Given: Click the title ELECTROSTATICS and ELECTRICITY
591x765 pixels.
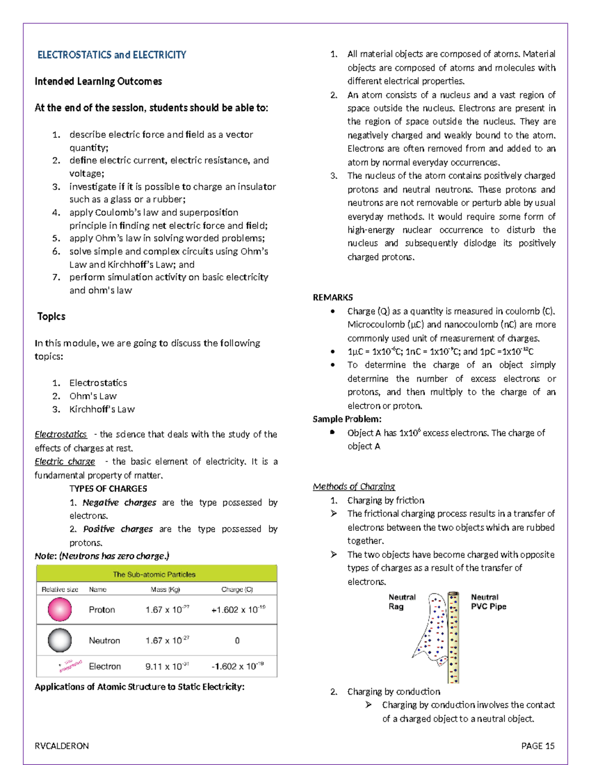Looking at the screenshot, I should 112,55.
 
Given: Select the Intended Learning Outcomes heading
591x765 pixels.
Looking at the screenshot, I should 98,81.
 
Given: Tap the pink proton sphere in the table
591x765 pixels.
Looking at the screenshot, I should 60,609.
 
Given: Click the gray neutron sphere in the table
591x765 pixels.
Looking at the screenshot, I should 60,640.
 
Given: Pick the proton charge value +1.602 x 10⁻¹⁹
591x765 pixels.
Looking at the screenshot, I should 238,609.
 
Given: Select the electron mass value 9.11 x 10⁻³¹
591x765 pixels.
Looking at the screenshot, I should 167,666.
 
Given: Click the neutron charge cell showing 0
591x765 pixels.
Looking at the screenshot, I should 237,640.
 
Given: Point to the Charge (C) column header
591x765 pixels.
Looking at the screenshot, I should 237,589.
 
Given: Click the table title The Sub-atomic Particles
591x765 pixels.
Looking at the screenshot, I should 154,574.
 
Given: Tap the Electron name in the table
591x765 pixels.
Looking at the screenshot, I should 105,666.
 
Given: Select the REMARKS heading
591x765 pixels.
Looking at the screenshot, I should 333,298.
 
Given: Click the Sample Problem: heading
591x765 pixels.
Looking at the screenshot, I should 347,419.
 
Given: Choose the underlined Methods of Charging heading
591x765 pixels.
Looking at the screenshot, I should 354,487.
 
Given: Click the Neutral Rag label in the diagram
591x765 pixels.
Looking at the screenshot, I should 402,601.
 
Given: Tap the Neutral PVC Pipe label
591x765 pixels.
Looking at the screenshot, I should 489,601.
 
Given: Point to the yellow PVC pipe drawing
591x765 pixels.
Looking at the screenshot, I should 453,638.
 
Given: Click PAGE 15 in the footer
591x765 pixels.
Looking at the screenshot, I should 538,746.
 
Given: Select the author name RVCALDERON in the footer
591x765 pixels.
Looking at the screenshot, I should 62,746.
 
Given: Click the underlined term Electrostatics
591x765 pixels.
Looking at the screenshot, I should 61,434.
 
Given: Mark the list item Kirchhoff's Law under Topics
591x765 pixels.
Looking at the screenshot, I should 102,409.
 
